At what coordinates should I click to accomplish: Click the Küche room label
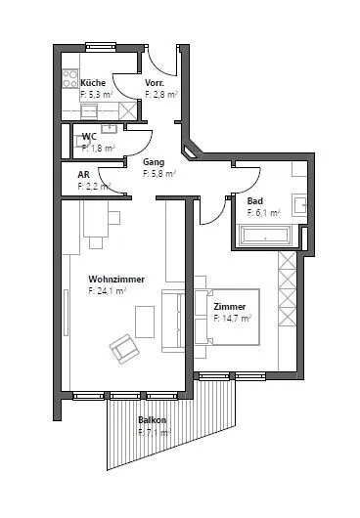tap(93, 83)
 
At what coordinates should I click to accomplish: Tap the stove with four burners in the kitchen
tap(70, 78)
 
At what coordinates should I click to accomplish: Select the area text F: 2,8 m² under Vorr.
tap(161, 94)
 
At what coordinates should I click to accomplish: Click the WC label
tap(89, 137)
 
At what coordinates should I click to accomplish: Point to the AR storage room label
tap(83, 174)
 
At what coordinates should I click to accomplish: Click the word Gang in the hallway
tap(154, 162)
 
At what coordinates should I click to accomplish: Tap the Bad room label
tap(255, 201)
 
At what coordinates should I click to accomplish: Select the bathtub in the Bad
tap(264, 236)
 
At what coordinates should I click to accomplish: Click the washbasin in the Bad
tap(299, 205)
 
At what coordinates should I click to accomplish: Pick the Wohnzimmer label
tap(116, 280)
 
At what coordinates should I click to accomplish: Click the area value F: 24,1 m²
tap(108, 291)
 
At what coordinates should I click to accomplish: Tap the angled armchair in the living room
tap(124, 349)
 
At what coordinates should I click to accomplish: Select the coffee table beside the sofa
tap(145, 322)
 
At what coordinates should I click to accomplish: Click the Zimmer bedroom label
tap(230, 307)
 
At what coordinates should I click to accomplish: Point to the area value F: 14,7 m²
tap(233, 319)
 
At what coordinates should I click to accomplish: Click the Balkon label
tap(153, 420)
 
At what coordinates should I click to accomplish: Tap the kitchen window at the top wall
tap(101, 47)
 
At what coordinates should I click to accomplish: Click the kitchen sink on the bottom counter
tap(89, 111)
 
